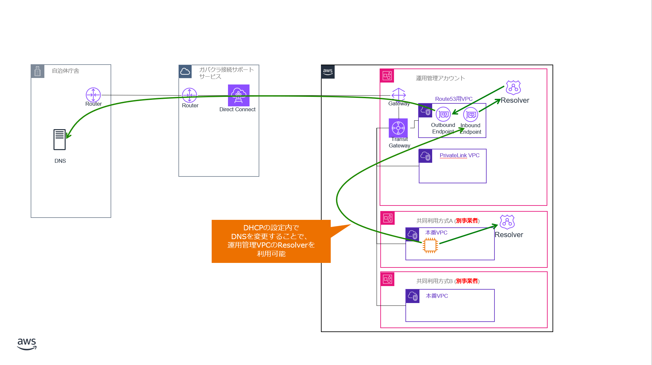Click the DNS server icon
59,140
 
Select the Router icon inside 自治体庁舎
93,95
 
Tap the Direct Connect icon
238,95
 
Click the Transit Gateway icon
398,128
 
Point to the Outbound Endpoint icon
443,114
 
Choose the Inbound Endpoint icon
471,114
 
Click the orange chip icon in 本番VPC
430,245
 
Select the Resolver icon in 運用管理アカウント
513,88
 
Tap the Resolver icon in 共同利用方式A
507,222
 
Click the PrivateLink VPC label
459,156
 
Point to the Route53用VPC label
454,99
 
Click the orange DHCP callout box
271,241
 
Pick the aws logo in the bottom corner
27,343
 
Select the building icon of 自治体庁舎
38,71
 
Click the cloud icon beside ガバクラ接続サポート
185,71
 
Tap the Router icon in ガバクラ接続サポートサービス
190,95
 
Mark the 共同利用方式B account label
448,281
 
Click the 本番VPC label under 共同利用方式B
437,296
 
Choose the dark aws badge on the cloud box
328,72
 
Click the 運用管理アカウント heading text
440,78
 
